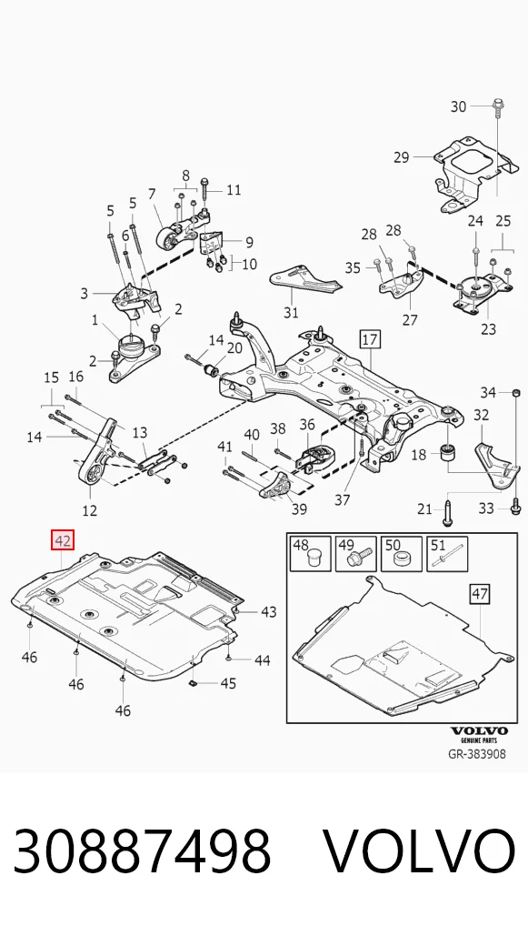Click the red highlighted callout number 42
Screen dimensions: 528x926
63,540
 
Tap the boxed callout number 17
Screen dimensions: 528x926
370,340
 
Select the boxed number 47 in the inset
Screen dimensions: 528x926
480,593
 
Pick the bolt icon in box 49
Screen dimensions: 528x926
361,558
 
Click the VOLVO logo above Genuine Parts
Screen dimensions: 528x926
478,731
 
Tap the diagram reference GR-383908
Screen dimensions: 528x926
477,753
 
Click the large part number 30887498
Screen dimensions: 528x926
142,851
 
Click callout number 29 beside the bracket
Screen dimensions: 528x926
401,157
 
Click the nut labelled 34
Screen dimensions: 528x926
515,392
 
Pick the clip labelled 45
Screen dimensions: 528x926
194,683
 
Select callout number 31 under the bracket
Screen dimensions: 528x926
291,312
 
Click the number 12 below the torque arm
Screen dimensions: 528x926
90,509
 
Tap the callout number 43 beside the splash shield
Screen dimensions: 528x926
268,612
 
